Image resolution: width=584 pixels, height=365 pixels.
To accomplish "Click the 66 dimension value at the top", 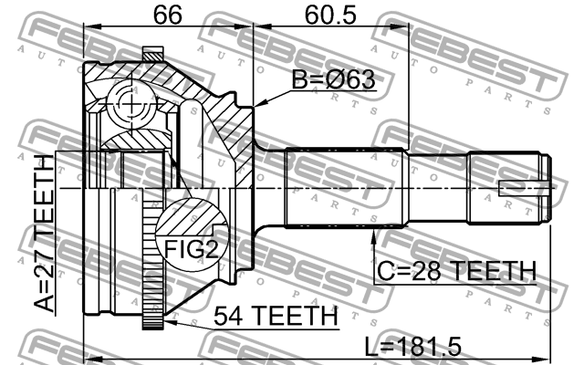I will pos(166,16).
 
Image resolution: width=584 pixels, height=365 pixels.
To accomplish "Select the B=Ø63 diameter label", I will pos(333,80).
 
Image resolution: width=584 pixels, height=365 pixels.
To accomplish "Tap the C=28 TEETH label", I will pos(455,270).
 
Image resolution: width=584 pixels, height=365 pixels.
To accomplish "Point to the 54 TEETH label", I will pos(275,315).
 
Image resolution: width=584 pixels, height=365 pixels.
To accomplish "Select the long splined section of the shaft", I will pos(347,188).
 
